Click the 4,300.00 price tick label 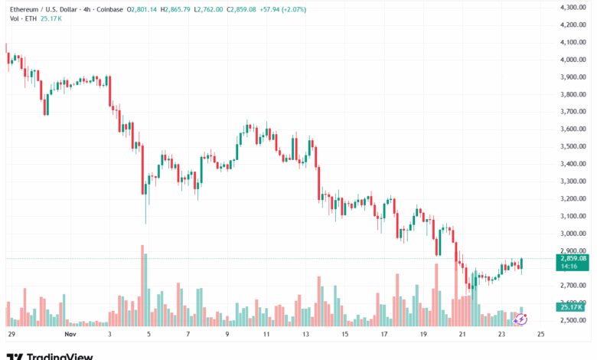point(573,7)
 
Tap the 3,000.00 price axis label point(573,234)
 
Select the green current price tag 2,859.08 point(573,258)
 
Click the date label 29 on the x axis point(11,335)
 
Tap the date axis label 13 point(306,335)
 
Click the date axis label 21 point(462,335)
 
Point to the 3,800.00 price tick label point(573,94)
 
